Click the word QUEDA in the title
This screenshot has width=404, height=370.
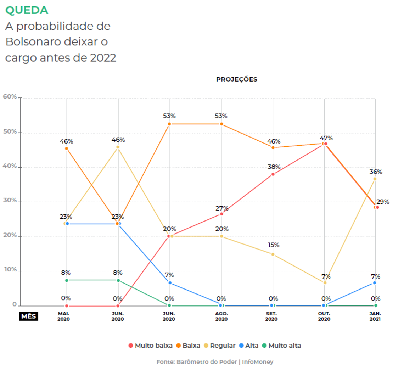click(27, 10)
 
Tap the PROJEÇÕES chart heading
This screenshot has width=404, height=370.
click(236, 79)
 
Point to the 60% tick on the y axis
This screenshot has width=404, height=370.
click(10, 96)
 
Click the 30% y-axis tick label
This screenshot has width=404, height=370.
click(10, 200)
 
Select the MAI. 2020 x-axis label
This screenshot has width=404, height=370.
click(64, 316)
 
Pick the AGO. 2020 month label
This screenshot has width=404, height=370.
click(221, 316)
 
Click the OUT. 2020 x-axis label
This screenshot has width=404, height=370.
click(324, 316)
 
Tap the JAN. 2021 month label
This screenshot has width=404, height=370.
click(375, 316)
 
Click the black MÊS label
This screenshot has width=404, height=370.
click(28, 316)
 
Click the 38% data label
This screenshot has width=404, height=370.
click(274, 167)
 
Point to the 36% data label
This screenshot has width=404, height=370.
click(376, 172)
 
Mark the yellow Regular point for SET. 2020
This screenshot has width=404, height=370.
click(273, 254)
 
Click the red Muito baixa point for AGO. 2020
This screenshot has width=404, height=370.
click(221, 214)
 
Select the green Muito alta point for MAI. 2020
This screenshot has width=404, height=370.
click(66, 280)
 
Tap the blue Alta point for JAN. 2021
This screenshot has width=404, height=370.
click(375, 282)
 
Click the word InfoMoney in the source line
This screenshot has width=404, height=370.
click(258, 362)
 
